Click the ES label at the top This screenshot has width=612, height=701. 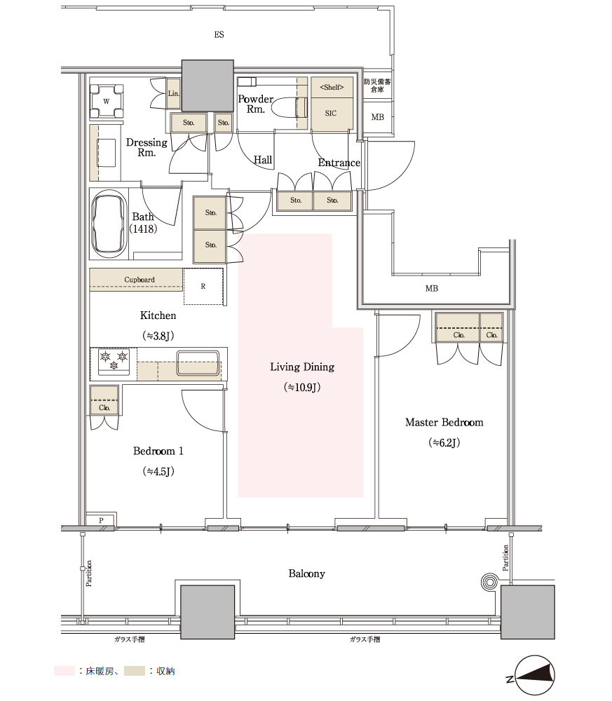click(x=219, y=35)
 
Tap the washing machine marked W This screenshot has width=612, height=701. click(x=107, y=101)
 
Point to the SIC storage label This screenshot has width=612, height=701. click(x=331, y=113)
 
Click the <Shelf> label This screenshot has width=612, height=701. click(x=332, y=87)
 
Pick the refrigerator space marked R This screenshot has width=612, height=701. click(x=203, y=287)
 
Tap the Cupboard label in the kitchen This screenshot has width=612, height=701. click(x=140, y=280)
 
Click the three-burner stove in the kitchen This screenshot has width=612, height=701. click(x=114, y=362)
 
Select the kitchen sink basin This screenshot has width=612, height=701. click(x=198, y=362)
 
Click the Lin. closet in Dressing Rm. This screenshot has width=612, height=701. click(x=173, y=93)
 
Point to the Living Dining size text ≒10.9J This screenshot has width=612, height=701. click(x=302, y=387)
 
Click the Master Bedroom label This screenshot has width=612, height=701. click(x=444, y=423)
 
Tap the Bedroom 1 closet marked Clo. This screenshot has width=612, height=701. click(x=104, y=400)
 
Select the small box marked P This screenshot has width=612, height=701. click(x=101, y=520)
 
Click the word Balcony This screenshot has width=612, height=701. click(x=306, y=573)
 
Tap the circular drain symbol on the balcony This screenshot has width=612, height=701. click(x=489, y=582)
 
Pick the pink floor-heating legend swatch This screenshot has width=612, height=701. click(x=64, y=671)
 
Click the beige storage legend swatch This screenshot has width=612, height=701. click(x=135, y=671)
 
